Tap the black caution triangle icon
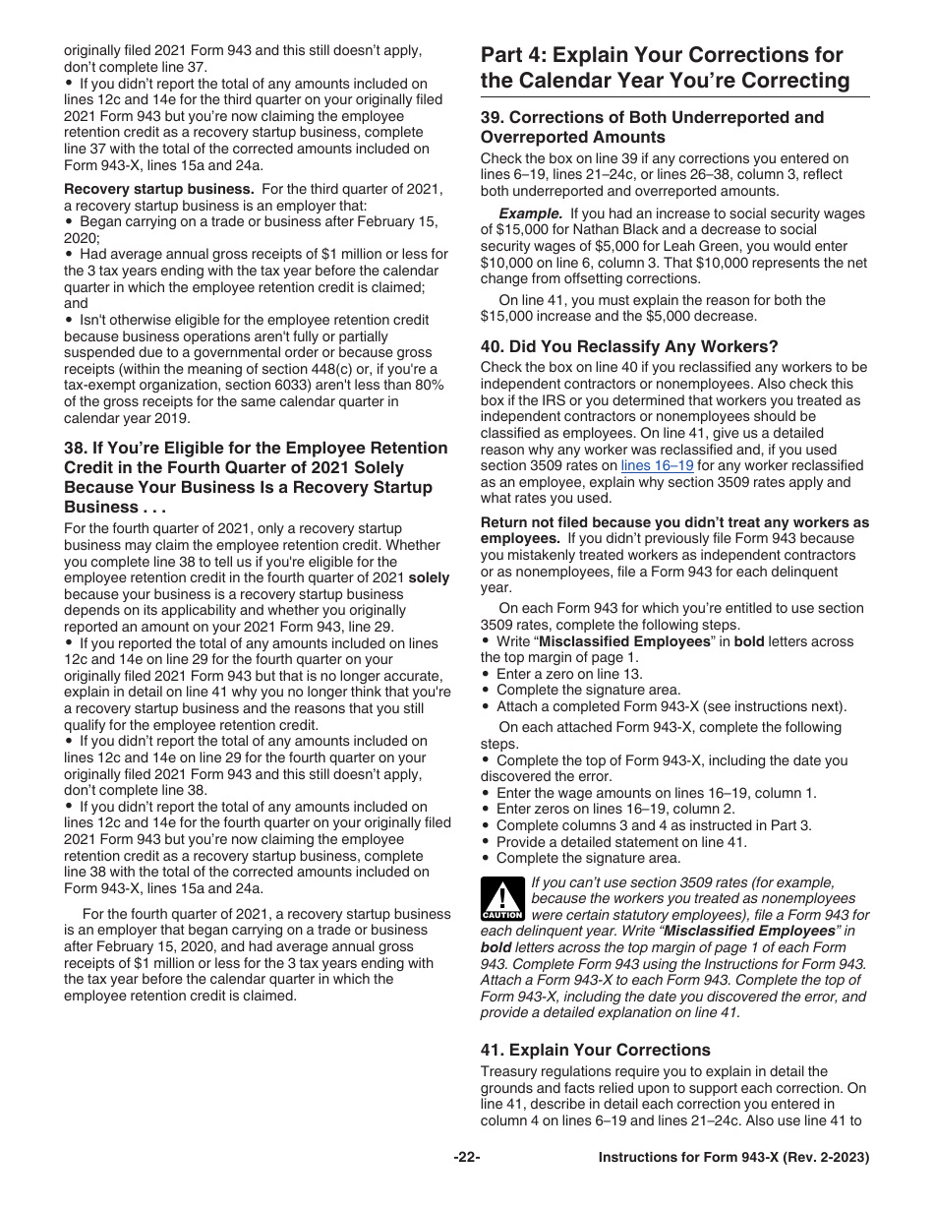[502, 899]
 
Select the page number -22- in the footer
[466, 1158]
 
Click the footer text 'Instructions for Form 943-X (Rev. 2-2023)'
[733, 1158]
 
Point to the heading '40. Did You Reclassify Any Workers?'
[629, 346]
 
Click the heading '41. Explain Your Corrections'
[595, 1050]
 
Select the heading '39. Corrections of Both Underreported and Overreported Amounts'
[652, 127]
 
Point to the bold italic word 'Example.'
[530, 212]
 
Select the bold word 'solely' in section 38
[428, 578]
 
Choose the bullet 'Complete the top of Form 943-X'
[610, 760]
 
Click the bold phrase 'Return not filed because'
[565, 522]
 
